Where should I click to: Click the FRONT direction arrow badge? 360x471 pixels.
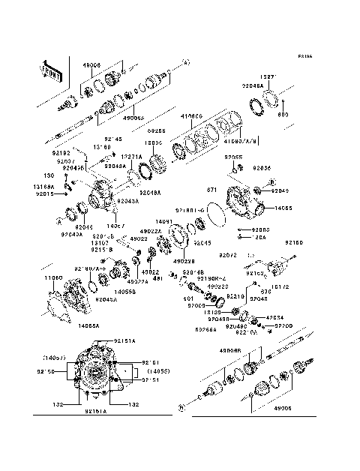[x=50, y=70]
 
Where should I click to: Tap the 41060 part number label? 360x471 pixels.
[x=192, y=117]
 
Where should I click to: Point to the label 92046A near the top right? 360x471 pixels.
[x=252, y=86]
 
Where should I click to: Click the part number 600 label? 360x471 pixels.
[x=283, y=114]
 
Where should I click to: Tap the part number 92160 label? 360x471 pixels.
[x=293, y=243]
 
